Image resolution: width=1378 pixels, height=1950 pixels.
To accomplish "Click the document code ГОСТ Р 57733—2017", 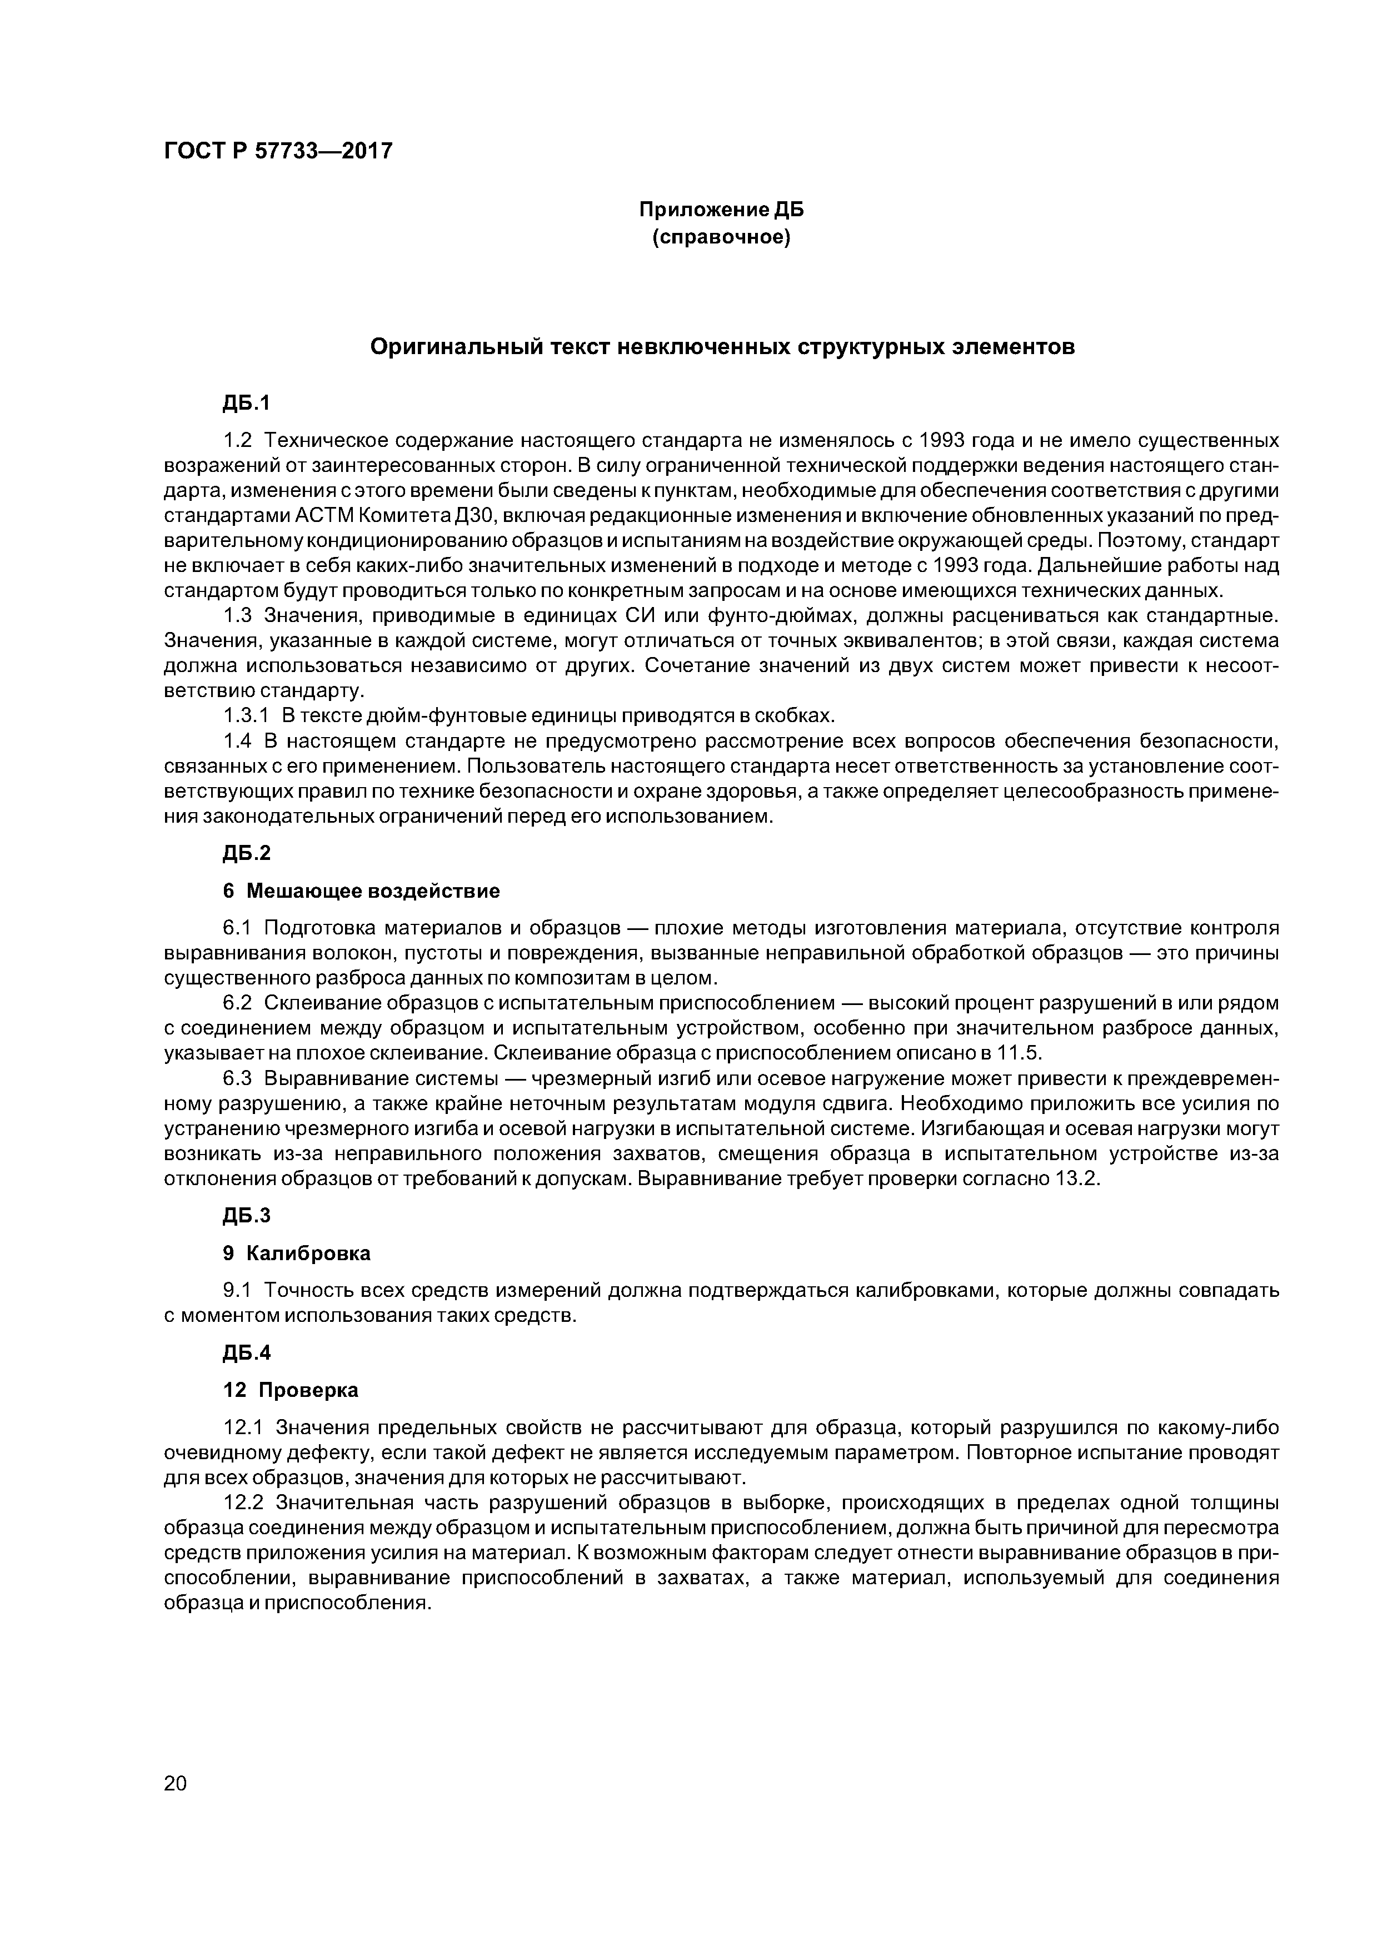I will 278,151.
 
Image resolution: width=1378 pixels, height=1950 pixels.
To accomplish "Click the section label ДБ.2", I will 246,853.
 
